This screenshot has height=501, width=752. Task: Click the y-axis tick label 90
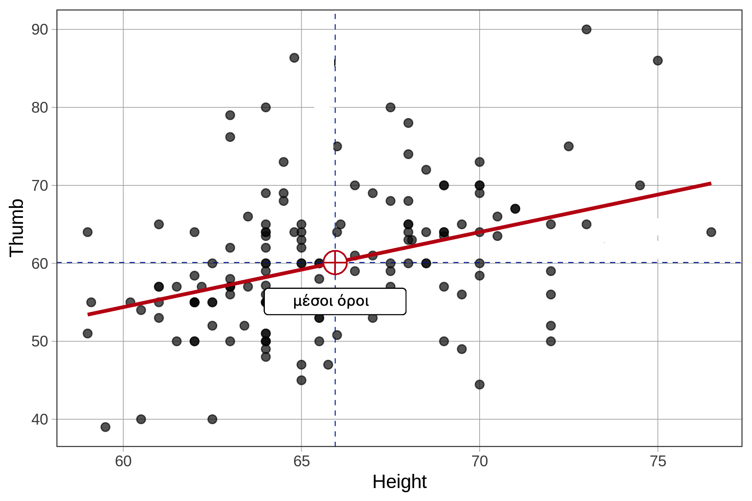[40, 30]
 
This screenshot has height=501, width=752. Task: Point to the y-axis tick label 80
[40, 108]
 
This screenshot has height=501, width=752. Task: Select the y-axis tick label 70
[40, 185]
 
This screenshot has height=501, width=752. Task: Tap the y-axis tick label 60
[40, 263]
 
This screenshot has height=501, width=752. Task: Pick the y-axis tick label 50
[40, 342]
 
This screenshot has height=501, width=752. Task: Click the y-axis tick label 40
[40, 420]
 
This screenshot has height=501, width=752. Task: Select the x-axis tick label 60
[123, 461]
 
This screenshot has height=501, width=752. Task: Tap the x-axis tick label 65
[301, 461]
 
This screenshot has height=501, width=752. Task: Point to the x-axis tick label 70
[480, 461]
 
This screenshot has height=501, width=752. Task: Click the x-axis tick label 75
[658, 461]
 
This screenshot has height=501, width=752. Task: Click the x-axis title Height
[399, 482]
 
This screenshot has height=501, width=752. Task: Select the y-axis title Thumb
[17, 228]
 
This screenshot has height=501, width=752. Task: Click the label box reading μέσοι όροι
[335, 301]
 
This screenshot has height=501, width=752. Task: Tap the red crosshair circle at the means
[335, 263]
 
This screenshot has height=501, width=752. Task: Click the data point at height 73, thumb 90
[587, 29]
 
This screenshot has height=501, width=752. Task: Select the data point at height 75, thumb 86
[658, 61]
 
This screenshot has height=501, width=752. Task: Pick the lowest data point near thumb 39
[105, 427]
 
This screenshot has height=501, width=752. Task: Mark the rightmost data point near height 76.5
[711, 232]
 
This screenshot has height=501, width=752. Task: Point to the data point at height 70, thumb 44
[480, 384]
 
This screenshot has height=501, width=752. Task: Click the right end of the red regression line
[710, 183]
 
